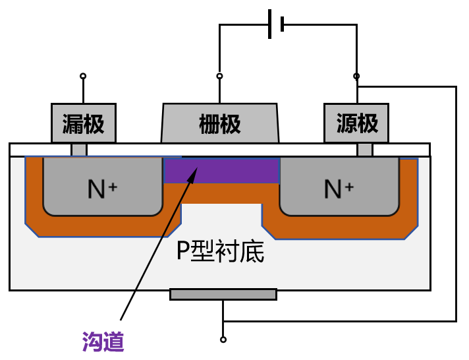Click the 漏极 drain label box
tap(84, 123)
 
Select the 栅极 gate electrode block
tap(220, 123)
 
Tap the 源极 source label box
tap(356, 123)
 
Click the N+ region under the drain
tap(102, 189)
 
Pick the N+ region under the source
tap(339, 189)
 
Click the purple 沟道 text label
tap(103, 341)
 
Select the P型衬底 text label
tap(220, 251)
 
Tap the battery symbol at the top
tap(276, 24)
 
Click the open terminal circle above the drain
tap(83, 76)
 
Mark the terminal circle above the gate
tap(220, 76)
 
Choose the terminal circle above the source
tap(356, 76)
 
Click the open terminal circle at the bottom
tap(223, 340)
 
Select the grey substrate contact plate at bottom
tap(223, 294)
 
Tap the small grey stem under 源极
tap(364, 150)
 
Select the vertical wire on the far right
tap(456, 204)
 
